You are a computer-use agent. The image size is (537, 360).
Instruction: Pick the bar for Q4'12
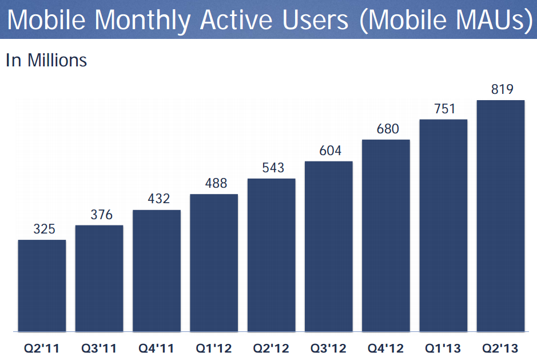386,235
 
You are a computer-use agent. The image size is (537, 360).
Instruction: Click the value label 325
44,230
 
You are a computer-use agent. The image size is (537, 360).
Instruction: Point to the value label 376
101,215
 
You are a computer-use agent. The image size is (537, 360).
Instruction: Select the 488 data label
216,184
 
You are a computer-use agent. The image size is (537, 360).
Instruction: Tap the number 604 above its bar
330,151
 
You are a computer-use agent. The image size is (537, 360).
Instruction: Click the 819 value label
502,90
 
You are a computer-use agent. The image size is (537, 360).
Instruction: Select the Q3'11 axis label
99,348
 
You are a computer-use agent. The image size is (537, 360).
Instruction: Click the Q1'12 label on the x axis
214,348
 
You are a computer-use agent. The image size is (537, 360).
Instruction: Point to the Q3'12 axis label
328,348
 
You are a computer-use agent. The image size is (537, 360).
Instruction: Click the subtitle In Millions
46,60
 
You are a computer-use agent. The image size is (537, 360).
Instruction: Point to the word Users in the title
319,19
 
